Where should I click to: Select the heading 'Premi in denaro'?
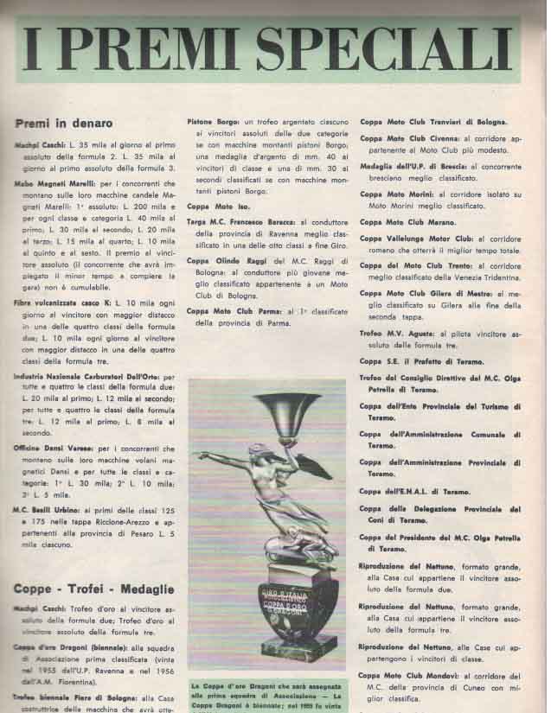(x=62, y=124)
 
